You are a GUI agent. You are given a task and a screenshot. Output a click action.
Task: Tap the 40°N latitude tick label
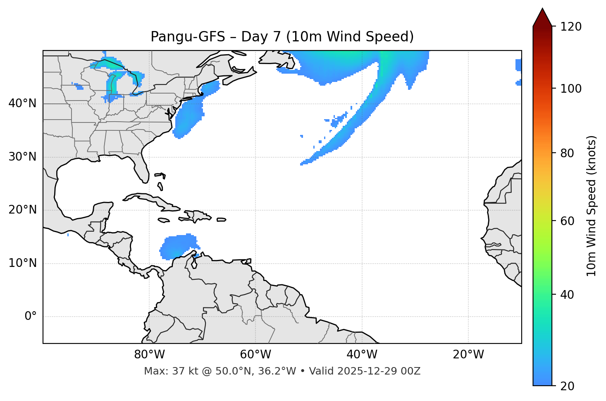(x=22, y=103)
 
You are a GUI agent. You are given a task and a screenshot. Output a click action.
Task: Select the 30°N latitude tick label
(x=22, y=157)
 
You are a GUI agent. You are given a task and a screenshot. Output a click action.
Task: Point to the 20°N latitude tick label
(x=22, y=210)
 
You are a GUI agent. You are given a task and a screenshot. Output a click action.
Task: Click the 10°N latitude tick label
(x=22, y=263)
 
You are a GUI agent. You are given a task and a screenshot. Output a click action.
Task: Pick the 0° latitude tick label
(x=31, y=317)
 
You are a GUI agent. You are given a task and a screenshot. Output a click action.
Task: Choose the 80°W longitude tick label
(x=149, y=355)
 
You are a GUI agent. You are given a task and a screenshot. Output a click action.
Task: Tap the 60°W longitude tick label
(x=255, y=355)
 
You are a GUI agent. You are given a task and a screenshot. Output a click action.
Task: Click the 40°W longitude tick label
(x=362, y=355)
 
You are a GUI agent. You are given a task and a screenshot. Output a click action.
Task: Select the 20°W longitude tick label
(x=468, y=355)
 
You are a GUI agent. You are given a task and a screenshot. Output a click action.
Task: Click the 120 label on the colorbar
(x=571, y=27)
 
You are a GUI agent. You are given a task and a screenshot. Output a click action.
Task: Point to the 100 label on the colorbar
(x=571, y=89)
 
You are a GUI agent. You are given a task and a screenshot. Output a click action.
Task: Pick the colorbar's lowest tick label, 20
(x=568, y=386)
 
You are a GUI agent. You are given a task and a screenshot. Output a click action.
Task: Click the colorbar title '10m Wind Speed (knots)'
(x=592, y=206)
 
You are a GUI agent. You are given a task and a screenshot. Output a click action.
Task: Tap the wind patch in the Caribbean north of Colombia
(x=178, y=246)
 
